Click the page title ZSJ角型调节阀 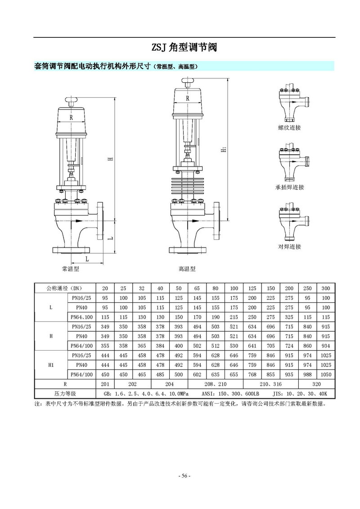coord(184,48)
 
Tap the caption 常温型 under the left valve coord(71,269)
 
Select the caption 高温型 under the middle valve coord(187,269)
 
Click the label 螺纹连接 coord(289,127)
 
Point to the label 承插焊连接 coord(289,187)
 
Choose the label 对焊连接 coord(289,247)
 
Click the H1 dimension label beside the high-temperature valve coord(224,150)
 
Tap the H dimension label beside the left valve coord(111,159)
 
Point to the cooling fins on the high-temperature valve coord(187,186)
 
